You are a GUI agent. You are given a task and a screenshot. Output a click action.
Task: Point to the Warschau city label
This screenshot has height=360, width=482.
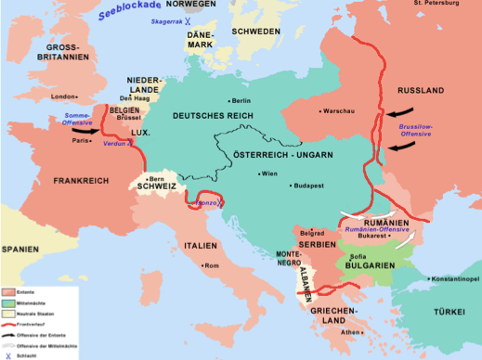(x=334, y=111)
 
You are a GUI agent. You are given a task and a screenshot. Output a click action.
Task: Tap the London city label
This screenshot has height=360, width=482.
(x=63, y=96)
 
